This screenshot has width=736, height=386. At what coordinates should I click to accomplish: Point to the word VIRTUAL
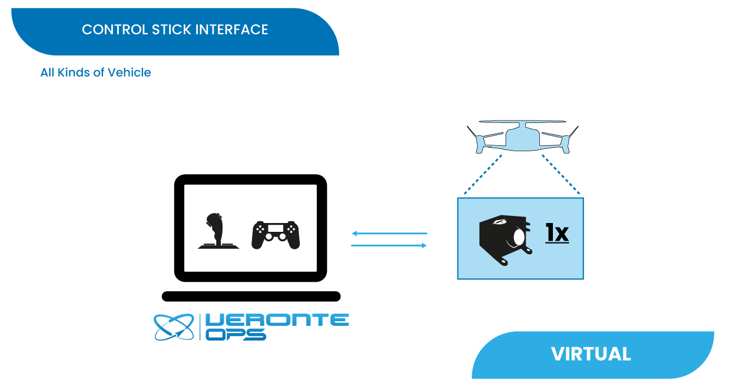coord(591,354)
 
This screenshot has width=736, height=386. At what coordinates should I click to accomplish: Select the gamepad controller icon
coord(276,235)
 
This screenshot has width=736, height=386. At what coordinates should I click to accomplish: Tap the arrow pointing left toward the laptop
coord(389,234)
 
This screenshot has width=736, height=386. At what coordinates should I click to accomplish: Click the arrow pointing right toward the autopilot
coord(389,245)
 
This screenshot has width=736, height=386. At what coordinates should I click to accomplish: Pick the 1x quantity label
coord(556,234)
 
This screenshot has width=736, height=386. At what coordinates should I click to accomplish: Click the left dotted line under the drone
coord(483,174)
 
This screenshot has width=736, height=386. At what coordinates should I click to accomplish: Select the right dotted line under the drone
coord(561,174)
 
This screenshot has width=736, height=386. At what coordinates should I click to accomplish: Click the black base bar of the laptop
coord(251,296)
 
